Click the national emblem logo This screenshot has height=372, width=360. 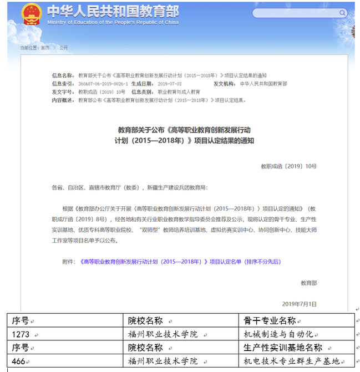32,14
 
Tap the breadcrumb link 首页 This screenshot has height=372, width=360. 44,48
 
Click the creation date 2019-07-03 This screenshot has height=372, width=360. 168,83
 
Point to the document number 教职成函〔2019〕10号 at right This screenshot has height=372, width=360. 288,166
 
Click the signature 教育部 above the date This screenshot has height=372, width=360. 308,283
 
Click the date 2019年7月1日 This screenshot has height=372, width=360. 300,304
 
